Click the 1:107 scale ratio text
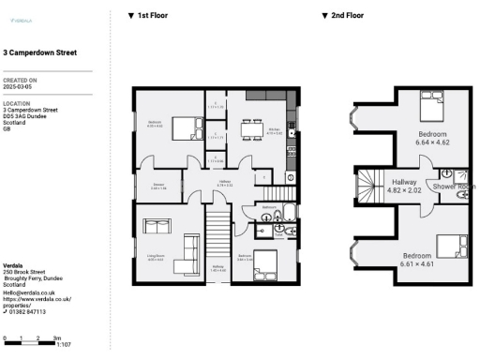tap(65, 346)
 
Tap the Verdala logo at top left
tap(18, 19)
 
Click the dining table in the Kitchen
tap(250, 131)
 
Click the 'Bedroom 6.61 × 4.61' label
tap(418, 260)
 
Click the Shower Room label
tap(454, 187)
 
